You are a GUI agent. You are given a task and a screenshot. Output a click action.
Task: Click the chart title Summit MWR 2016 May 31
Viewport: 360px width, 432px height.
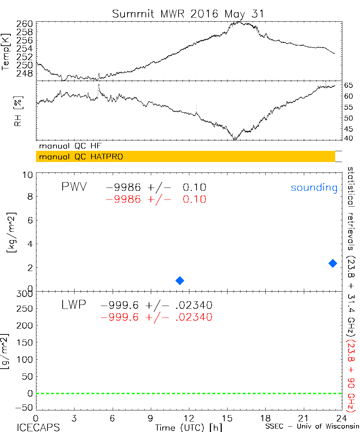pyautogui.click(x=188, y=14)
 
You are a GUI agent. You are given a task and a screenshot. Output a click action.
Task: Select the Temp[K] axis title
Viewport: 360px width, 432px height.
pyautogui.click(x=6, y=52)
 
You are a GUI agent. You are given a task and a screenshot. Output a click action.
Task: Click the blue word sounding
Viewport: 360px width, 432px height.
pyautogui.click(x=314, y=188)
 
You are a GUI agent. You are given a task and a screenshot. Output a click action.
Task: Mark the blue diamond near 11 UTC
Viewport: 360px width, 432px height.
pyautogui.click(x=180, y=280)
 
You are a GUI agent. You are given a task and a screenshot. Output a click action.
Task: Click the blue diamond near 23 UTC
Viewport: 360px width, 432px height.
pyautogui.click(x=333, y=263)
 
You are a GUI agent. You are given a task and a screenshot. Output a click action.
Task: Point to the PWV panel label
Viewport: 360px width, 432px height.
pyautogui.click(x=74, y=187)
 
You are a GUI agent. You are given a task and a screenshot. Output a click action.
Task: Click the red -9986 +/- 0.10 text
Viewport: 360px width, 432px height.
pyautogui.click(x=156, y=199)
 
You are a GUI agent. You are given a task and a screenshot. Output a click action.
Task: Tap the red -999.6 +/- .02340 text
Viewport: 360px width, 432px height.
pyautogui.click(x=157, y=317)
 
